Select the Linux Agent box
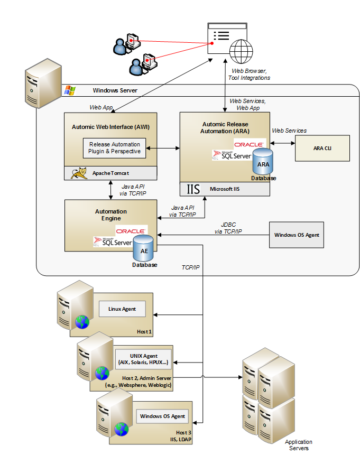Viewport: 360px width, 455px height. coord(122,309)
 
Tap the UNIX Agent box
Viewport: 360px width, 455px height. coord(144,359)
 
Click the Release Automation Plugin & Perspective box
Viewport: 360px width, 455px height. coord(115,148)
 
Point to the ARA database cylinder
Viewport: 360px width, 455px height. coord(263,163)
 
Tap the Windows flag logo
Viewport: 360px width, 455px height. coord(70,90)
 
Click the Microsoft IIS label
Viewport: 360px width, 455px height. coord(225,189)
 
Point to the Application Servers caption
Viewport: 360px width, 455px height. coord(299,445)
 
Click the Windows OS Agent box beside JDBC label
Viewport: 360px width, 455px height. coord(296,235)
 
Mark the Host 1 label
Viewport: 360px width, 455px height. coord(143,332)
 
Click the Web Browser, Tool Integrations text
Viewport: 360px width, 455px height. coord(249,74)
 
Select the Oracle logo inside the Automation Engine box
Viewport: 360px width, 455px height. coord(131,231)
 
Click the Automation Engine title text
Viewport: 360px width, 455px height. coord(111,215)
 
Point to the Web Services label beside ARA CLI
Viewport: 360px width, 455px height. coord(289,131)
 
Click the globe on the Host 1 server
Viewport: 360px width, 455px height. coord(82,322)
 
